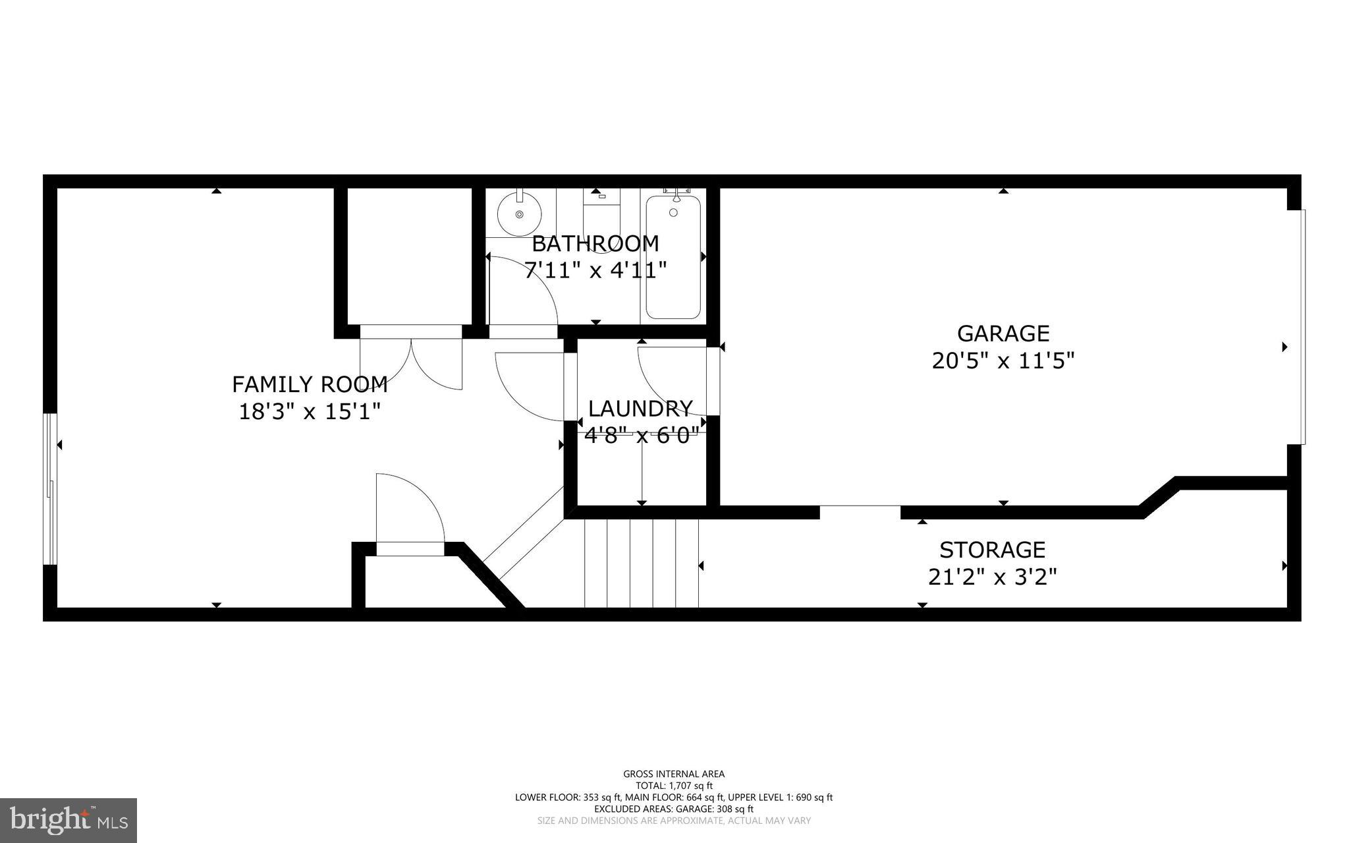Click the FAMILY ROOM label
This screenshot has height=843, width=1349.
point(310,384)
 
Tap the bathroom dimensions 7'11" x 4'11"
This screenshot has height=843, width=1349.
point(595,270)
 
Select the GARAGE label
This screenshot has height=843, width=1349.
point(1003,334)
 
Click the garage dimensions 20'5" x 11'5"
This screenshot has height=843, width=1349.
point(1003,361)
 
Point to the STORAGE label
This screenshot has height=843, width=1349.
point(992,550)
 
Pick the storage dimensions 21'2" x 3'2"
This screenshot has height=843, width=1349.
point(992,577)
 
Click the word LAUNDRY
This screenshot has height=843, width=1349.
point(640,409)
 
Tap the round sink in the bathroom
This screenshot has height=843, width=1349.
point(519,214)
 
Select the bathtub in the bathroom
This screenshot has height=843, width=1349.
point(673,257)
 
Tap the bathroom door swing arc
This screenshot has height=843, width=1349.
point(527,290)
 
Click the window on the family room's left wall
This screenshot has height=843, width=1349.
point(49,489)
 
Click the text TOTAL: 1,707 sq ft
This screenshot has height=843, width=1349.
point(674,786)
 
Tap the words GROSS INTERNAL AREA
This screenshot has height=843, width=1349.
point(674,774)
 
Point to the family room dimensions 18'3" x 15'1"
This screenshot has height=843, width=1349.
point(310,412)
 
